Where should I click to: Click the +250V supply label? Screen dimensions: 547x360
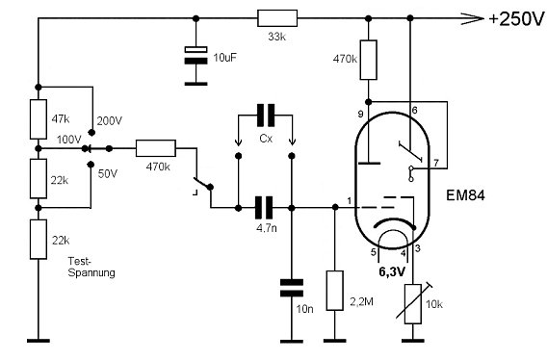(x=516, y=18)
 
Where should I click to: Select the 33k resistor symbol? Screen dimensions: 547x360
(x=277, y=18)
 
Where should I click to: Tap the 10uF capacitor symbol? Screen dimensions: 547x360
(x=196, y=55)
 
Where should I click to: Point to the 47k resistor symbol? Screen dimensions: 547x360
(x=39, y=119)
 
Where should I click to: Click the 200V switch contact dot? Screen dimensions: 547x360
(x=91, y=133)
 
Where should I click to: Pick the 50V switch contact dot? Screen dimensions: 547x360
(x=91, y=165)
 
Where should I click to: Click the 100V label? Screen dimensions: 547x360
(x=68, y=140)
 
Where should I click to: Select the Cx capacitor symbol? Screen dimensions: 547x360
(x=266, y=116)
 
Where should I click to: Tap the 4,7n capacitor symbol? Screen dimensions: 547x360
(x=264, y=208)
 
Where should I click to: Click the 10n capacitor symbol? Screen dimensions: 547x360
(x=292, y=288)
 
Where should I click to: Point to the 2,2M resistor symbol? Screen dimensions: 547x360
(x=335, y=291)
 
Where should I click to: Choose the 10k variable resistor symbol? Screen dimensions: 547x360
(x=414, y=302)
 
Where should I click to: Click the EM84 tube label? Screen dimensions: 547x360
(x=465, y=195)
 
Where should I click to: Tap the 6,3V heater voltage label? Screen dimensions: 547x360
(x=392, y=271)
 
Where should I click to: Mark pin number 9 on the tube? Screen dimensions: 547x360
(x=361, y=114)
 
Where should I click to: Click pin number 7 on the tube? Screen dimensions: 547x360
(x=436, y=163)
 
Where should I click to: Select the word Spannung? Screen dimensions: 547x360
(x=91, y=272)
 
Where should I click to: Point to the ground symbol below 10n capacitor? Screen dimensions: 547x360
(x=292, y=341)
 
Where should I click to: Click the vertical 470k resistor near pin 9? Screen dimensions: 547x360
(x=369, y=60)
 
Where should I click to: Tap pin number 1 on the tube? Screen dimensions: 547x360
(x=350, y=201)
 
